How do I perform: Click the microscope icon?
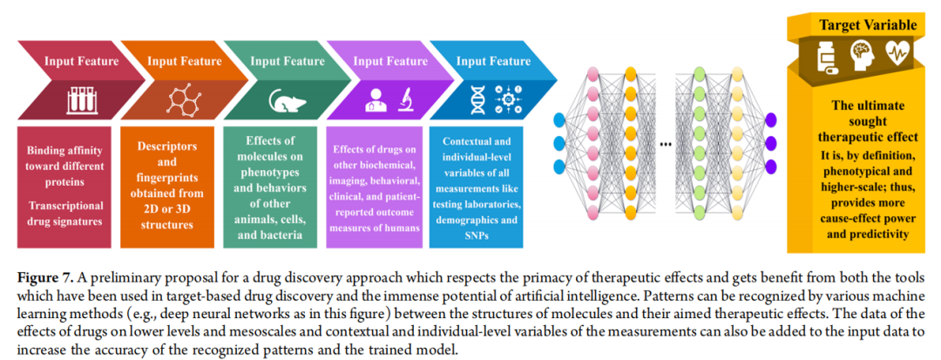[x=405, y=98]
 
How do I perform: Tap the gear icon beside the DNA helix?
[x=511, y=98]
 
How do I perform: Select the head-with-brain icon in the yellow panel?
[x=864, y=54]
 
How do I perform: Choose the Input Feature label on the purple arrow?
[x=390, y=61]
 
